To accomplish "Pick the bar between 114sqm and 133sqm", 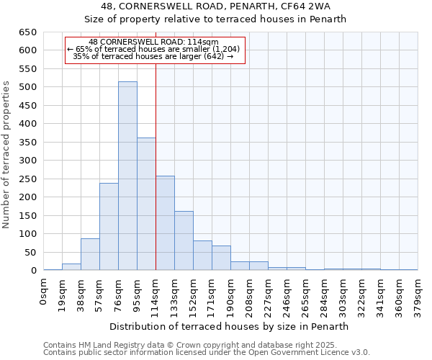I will click(x=165, y=223).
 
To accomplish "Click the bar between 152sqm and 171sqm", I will click(x=202, y=256).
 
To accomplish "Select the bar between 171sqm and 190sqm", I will click(x=221, y=258).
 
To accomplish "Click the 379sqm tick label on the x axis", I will click(x=418, y=296).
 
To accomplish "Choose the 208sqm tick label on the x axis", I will click(x=249, y=296).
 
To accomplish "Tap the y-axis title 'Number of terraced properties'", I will click(x=7, y=155).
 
